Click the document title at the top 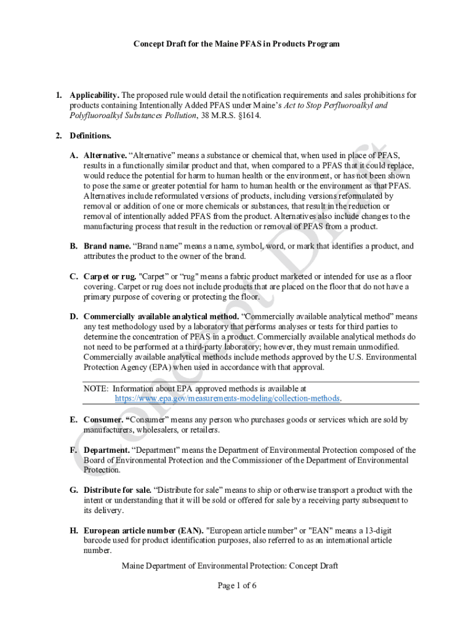click(237, 44)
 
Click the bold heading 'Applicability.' click(94, 95)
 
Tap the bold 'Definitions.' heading click(90, 135)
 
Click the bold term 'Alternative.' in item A click(105, 156)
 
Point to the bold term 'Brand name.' click(107, 246)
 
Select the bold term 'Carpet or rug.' click(111, 277)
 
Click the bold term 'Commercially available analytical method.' click(161, 317)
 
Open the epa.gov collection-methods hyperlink click(227, 399)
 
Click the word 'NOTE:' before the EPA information click(96, 389)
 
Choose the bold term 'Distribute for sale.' click(118, 490)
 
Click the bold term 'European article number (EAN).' click(144, 530)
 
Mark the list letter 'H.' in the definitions click(73, 530)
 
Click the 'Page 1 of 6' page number click(237, 586)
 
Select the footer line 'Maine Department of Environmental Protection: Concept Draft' click(230, 566)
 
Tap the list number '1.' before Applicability click(59, 95)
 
